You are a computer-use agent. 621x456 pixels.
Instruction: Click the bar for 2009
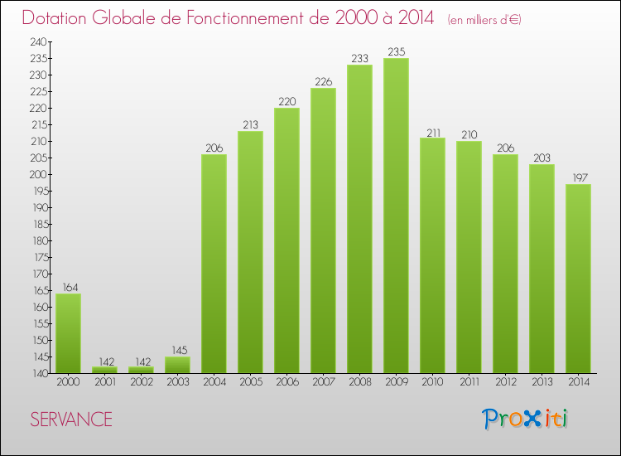coord(396,216)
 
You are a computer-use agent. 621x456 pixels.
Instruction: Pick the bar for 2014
coord(578,279)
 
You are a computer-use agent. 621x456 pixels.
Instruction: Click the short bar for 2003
coord(177,365)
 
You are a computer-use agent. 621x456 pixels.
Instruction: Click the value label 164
coord(68,287)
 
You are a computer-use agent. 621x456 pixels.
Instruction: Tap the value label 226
coord(323,81)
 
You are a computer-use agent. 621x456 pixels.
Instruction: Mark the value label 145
coord(177,350)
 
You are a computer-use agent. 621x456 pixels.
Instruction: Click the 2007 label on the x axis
coord(323,383)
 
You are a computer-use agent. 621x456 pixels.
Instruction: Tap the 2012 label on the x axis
coord(505,383)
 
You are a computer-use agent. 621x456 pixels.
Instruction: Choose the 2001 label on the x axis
coord(104,383)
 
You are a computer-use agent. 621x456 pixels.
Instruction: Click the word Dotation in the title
coord(60,17)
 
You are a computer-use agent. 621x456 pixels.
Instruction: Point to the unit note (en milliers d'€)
coord(484,19)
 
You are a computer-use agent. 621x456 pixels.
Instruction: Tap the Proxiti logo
coord(527,419)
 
